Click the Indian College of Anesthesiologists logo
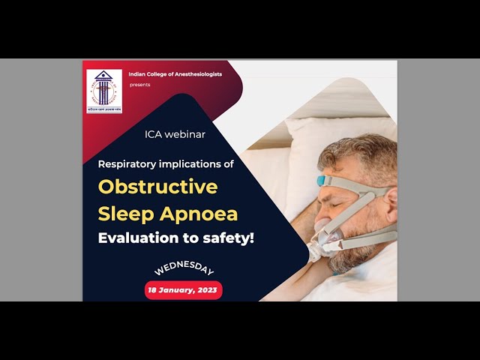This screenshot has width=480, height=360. (x=104, y=91)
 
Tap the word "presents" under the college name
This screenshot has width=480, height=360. (x=139, y=85)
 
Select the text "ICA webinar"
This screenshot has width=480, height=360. (x=175, y=134)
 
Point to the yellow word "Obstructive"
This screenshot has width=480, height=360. (x=157, y=186)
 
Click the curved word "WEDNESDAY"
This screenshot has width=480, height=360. (x=184, y=268)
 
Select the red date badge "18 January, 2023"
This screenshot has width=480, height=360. (x=184, y=290)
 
